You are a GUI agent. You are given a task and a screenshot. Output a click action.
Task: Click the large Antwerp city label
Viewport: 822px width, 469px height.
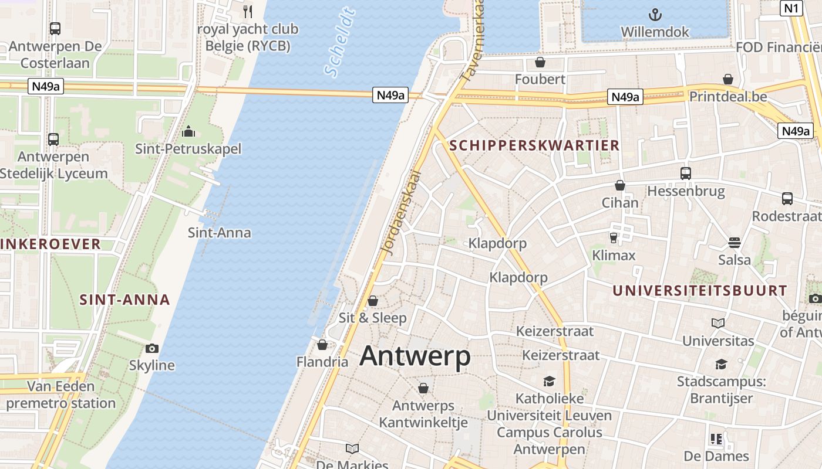415,356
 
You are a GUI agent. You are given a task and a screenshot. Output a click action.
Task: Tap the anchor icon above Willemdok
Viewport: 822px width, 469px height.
655,14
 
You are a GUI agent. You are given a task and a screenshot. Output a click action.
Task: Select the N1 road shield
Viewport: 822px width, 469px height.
791,8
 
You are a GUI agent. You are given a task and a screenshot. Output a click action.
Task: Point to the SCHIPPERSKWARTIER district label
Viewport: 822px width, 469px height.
534,145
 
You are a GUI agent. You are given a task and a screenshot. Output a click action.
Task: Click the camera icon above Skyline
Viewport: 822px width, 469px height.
152,348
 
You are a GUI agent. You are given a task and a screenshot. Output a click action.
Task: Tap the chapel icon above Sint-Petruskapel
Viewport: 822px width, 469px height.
188,131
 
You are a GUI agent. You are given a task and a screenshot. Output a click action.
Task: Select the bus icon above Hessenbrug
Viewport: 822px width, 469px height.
686,173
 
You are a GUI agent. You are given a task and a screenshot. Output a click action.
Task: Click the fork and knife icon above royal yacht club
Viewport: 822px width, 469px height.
248,11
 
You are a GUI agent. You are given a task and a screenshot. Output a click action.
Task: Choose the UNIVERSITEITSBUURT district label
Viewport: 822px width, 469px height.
700,290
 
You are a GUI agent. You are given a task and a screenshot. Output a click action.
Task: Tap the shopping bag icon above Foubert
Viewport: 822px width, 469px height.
540,62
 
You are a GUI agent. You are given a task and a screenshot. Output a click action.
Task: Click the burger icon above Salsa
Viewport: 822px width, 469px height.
735,242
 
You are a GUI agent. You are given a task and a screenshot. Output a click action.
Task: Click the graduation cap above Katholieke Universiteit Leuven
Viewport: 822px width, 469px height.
549,382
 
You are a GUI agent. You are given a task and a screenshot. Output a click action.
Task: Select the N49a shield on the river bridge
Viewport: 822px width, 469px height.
390,95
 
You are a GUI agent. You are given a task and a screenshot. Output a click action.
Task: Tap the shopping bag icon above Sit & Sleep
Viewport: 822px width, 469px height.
373,301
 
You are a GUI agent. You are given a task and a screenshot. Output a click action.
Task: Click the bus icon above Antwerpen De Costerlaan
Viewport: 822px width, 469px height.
55,28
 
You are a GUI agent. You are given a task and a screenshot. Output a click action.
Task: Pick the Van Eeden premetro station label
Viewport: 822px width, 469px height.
61,395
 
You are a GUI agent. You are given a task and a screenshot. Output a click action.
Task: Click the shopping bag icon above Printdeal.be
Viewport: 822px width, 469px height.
728,79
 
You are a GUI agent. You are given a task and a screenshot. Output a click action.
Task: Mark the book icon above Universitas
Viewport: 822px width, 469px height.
718,323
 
